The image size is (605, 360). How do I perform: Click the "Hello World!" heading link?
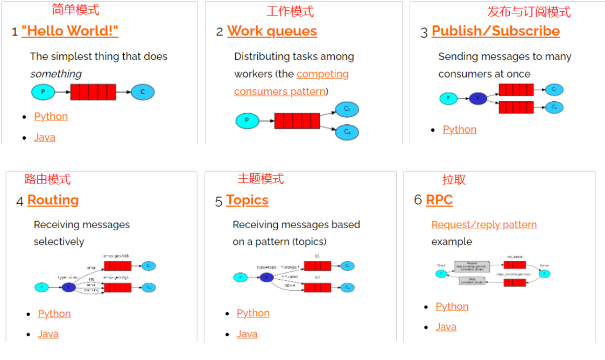(x=70, y=31)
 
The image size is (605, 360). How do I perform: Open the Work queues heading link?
(x=272, y=31)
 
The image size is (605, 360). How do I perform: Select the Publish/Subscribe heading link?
(x=495, y=31)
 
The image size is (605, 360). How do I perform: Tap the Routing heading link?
(x=53, y=200)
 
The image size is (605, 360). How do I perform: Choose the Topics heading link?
(x=247, y=200)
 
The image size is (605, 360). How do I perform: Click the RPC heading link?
(x=439, y=200)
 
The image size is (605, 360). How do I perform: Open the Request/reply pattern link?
(x=484, y=225)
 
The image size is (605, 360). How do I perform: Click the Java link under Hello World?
(x=45, y=137)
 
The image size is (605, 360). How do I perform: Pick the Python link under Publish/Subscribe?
(x=459, y=130)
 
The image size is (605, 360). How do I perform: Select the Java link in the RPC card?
(x=446, y=327)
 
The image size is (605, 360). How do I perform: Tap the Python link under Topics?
(x=253, y=313)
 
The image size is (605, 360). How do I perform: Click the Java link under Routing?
(x=48, y=334)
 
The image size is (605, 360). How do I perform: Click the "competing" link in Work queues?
(x=322, y=74)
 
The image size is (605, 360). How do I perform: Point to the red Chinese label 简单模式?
(x=75, y=10)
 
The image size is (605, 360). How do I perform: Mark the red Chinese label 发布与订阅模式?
(x=529, y=12)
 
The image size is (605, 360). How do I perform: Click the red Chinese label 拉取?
(x=454, y=180)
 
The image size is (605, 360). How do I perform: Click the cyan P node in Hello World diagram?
(x=43, y=92)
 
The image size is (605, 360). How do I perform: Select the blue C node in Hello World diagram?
(x=143, y=92)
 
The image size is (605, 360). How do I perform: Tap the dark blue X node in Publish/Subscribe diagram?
(x=477, y=98)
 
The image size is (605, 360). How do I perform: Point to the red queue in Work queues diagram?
(x=297, y=121)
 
